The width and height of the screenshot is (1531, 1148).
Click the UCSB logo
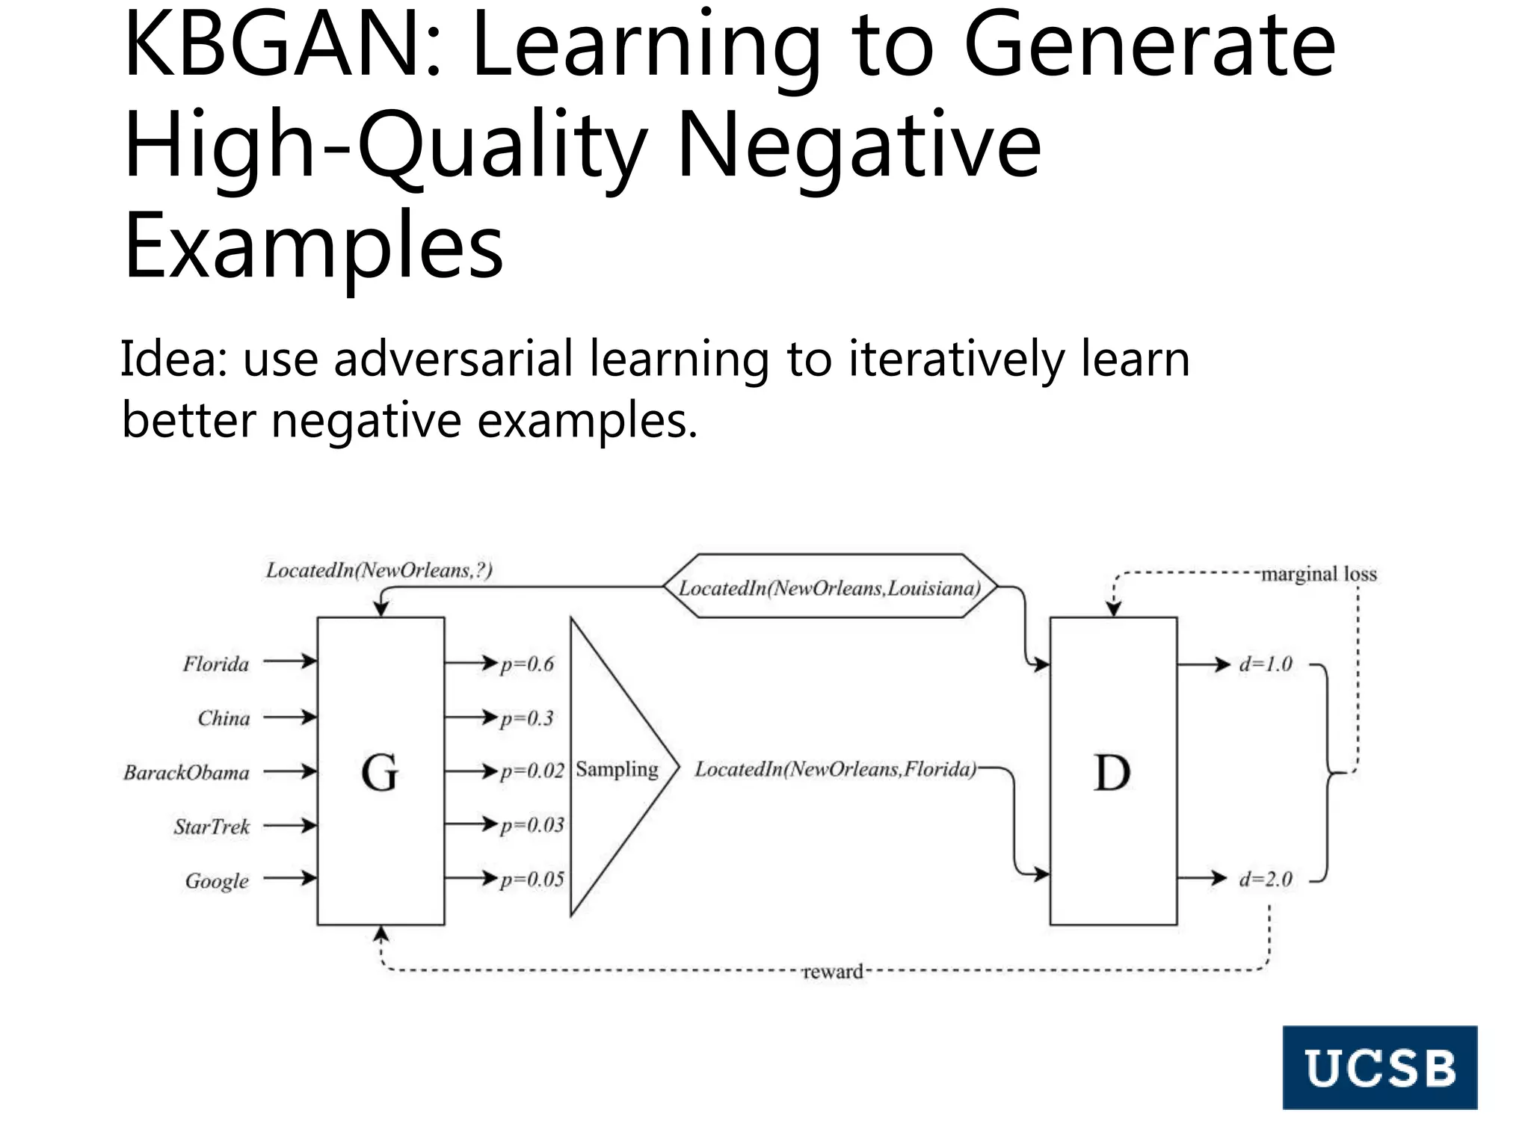click(1379, 1067)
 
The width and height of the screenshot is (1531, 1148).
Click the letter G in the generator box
click(380, 772)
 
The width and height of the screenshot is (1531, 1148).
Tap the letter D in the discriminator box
click(1112, 772)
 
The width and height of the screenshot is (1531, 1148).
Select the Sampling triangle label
click(617, 769)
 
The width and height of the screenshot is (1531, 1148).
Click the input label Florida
click(216, 664)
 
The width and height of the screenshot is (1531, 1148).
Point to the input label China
click(224, 718)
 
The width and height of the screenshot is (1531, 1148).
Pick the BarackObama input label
click(186, 772)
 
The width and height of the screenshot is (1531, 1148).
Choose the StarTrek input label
click(212, 827)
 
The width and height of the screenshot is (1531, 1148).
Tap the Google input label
click(217, 880)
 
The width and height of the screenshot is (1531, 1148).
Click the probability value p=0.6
click(527, 664)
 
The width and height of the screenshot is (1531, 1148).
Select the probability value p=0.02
click(532, 771)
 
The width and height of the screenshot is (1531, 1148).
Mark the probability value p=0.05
click(532, 879)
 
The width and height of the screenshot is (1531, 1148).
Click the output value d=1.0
click(1265, 664)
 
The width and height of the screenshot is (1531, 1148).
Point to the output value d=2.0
click(1265, 879)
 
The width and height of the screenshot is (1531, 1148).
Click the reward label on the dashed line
click(832, 972)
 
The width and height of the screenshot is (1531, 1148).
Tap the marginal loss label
click(1319, 574)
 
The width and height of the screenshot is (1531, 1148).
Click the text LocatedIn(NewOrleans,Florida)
click(835, 769)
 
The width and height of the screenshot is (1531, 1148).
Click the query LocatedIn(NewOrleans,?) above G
click(379, 570)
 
